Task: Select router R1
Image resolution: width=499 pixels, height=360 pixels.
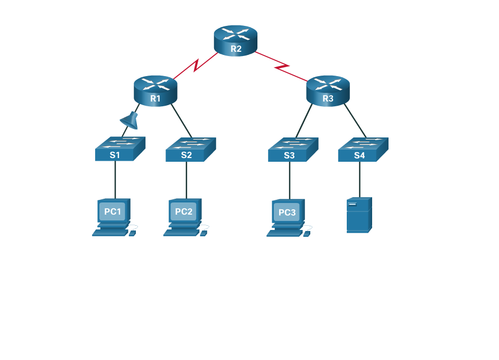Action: point(155,90)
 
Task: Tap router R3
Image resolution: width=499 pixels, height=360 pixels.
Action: point(328,90)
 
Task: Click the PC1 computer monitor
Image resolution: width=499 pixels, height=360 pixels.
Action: point(113,211)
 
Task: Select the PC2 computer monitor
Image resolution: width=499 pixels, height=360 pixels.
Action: point(184,211)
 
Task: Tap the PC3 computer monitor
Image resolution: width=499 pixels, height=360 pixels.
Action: point(287,212)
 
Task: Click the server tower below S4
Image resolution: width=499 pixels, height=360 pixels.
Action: point(359,215)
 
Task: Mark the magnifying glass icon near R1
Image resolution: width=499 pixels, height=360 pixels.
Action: point(130,121)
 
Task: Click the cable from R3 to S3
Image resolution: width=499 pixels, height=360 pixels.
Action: point(304,122)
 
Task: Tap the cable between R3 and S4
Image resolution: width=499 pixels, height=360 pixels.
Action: point(355,121)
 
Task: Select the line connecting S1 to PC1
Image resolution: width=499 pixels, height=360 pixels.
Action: point(115,180)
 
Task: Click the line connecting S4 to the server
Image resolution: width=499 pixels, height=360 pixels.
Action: point(359,180)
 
